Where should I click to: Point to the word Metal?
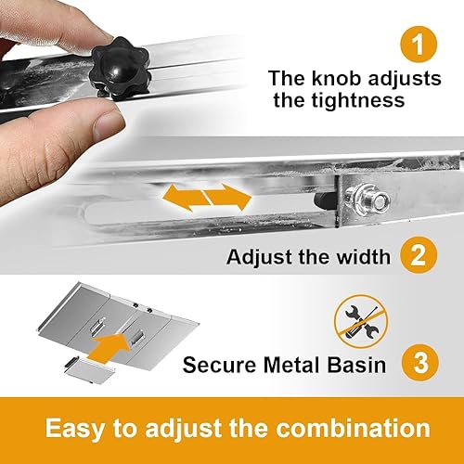(x=289, y=365)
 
